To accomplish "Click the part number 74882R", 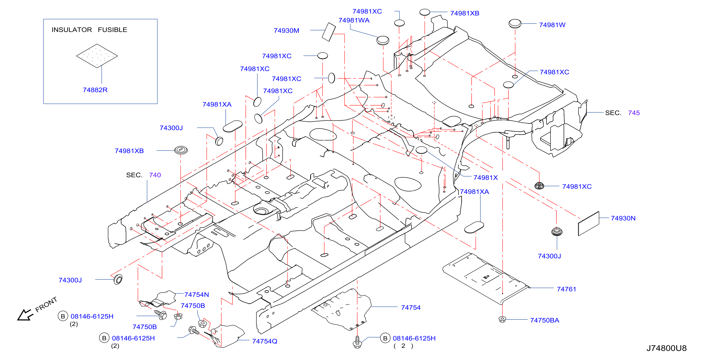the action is click(x=95, y=90).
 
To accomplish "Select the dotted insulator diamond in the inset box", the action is click(x=97, y=56).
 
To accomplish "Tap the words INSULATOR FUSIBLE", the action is click(x=89, y=30).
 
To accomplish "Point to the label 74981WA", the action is click(x=354, y=20).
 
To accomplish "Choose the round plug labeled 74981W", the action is click(x=515, y=24).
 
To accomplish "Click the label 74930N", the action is click(x=623, y=218).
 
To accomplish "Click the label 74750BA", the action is click(x=544, y=320).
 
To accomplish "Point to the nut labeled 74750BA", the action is click(x=502, y=319).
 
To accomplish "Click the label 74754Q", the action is click(x=264, y=341).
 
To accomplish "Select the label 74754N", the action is click(x=197, y=295).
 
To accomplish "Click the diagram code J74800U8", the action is click(x=666, y=348).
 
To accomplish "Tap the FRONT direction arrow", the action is click(x=25, y=315).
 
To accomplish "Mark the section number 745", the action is click(x=634, y=113).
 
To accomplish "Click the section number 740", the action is click(x=155, y=175).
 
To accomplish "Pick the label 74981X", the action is click(x=485, y=178).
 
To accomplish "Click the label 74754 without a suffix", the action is click(x=411, y=308).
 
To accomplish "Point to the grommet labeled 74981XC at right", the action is click(x=539, y=185).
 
